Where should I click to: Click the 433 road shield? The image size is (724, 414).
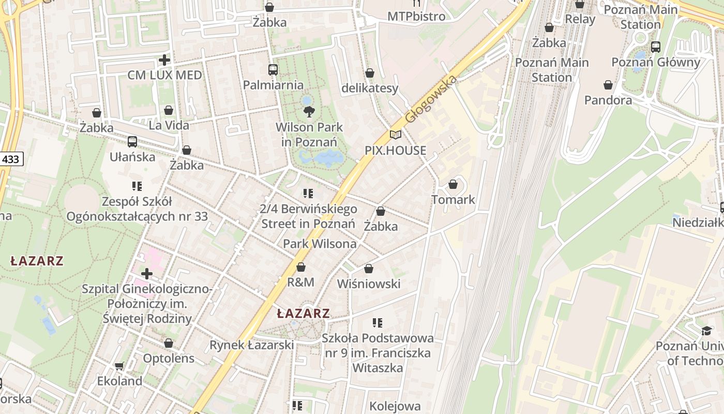pos(10,159)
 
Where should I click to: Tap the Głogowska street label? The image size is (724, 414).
pos(431,99)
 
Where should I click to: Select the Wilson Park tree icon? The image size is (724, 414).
pos(309,111)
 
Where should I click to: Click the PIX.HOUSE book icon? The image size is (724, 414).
pos(396,135)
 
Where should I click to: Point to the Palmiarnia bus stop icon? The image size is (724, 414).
pos(273,69)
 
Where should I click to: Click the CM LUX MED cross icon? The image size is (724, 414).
pos(164,60)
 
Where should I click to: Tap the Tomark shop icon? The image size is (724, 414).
pos(453,184)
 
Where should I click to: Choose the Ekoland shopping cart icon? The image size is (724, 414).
pos(119,366)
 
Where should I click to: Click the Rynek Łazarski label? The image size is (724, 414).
pos(251,345)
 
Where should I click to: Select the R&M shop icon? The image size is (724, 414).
pos(300,267)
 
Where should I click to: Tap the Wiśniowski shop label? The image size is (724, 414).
pos(369,284)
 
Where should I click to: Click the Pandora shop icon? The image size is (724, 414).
pos(608,85)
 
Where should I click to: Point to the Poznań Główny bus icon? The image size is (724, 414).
pos(656,47)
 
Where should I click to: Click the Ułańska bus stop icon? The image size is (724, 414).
pos(132,141)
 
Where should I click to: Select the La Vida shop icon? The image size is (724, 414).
pos(169,110)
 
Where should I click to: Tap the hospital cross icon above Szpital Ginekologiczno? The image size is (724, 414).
pos(147,273)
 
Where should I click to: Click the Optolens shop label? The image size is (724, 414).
pos(169,358)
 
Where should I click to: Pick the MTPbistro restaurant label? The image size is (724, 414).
pos(416,17)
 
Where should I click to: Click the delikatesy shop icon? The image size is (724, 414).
pos(370,73)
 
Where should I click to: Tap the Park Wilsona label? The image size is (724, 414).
pos(320,244)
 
